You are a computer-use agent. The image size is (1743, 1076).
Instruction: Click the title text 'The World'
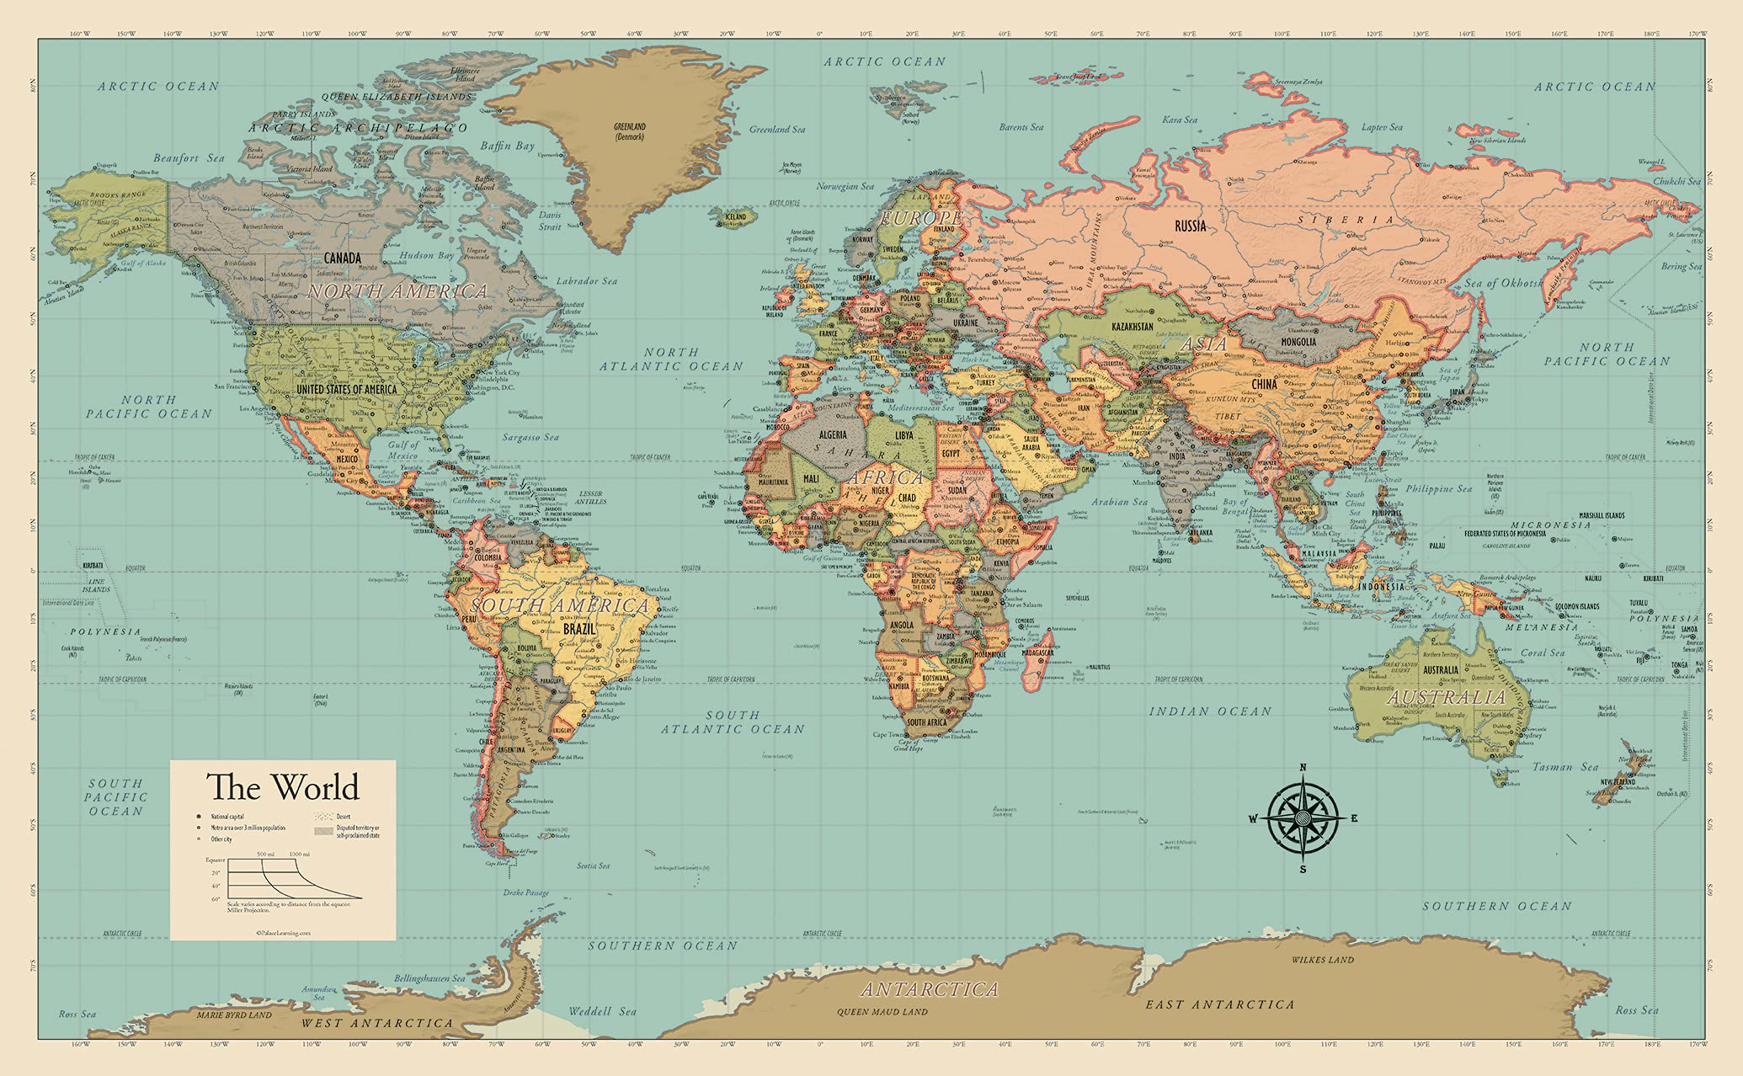283,787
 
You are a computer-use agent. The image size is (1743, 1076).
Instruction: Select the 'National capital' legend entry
227,817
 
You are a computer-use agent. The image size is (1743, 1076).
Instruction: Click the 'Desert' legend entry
344,816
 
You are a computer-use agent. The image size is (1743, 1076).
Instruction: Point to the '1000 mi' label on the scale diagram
299,854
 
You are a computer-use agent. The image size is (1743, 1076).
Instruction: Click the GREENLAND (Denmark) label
629,131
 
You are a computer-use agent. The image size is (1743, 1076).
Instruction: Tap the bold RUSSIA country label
1190,226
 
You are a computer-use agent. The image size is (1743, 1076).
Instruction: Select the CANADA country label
342,258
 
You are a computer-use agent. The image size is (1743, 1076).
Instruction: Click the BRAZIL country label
579,629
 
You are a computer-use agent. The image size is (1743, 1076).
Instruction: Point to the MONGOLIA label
1298,342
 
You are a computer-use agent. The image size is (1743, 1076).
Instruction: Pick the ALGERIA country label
833,434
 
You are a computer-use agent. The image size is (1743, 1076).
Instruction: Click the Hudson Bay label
427,255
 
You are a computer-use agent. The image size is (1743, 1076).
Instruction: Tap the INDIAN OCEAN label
1210,711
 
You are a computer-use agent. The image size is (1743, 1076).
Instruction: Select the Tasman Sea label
1564,767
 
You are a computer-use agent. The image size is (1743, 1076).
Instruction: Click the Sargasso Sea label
530,437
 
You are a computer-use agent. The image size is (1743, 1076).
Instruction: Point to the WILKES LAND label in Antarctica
1323,960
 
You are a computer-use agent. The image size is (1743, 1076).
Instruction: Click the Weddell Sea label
602,1011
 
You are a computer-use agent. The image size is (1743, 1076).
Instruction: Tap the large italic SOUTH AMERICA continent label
560,605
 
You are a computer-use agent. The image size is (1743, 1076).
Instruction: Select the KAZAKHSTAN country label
1132,327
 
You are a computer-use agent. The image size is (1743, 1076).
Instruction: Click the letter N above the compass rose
1303,767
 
